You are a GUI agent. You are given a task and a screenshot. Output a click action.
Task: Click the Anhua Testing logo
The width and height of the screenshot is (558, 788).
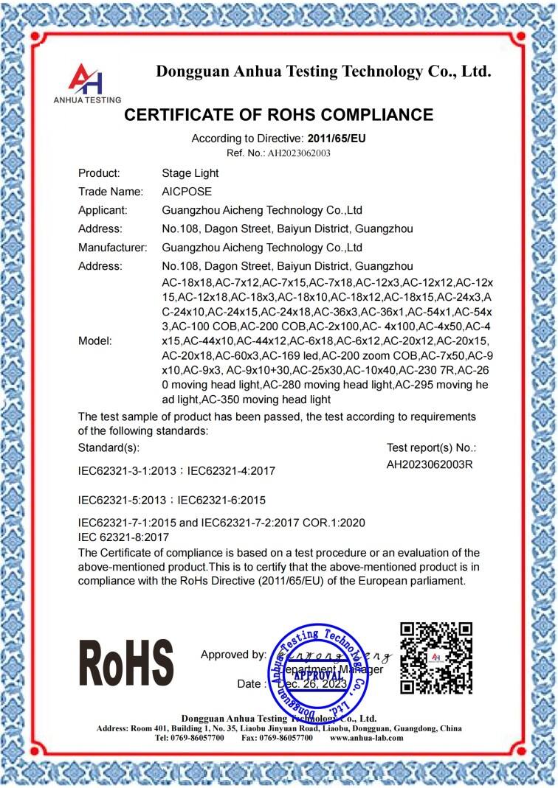coord(87,82)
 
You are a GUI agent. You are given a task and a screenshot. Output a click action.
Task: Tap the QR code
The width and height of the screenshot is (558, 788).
coord(435,658)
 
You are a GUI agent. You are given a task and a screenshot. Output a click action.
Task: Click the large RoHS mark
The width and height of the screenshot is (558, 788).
coord(125,663)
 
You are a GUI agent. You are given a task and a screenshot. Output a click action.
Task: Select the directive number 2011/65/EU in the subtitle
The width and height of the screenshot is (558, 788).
coord(337,138)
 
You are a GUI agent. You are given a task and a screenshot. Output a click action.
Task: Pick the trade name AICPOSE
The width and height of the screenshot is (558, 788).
coord(187,192)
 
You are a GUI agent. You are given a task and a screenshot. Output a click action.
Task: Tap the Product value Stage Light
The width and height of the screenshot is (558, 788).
coord(190,173)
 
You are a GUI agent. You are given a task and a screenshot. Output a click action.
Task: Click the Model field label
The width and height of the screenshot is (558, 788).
coord(95,341)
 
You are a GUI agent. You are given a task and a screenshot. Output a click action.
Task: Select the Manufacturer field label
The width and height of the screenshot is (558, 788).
coord(113,247)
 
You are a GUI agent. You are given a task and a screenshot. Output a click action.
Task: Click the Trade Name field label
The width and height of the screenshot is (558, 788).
coord(109,192)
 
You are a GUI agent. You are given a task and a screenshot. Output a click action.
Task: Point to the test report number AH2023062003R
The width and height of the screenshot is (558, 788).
coord(430,464)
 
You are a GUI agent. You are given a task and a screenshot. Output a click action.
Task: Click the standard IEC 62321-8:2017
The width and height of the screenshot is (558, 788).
coord(123,537)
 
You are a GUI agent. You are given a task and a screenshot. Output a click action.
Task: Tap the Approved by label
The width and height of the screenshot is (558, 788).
coord(233,655)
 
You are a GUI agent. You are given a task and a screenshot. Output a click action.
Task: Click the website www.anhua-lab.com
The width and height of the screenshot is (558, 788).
coord(367,737)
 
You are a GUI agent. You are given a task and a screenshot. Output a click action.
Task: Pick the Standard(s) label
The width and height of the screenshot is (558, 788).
coord(108,447)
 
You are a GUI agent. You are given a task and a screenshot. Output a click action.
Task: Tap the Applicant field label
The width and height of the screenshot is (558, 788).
coord(103,210)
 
